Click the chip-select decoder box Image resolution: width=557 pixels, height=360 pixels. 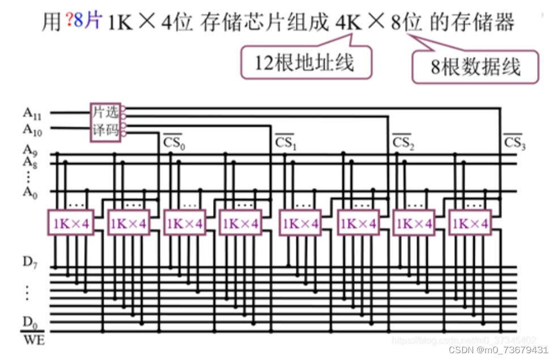105,122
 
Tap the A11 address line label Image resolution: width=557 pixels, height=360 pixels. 33,113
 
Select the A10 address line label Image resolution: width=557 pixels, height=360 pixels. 33,129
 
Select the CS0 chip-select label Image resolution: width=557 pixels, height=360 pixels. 173,142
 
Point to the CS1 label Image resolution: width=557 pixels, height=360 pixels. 286,142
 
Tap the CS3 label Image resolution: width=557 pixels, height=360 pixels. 515,142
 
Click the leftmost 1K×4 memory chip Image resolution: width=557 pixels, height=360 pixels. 71,223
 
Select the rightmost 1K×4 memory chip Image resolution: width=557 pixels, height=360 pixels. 470,223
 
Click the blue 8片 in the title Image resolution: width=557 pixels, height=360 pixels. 86,23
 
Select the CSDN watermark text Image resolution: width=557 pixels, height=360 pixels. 498,350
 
